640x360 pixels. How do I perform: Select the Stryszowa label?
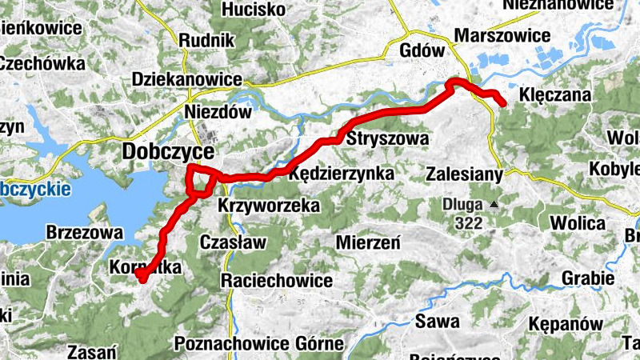pyautogui.click(x=388, y=138)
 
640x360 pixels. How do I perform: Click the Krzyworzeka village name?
pyautogui.click(x=269, y=206)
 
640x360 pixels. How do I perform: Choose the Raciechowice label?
pyautogui.click(x=277, y=280)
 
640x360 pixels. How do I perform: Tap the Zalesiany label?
pyautogui.click(x=464, y=174)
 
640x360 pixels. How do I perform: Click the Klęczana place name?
pyautogui.click(x=554, y=95)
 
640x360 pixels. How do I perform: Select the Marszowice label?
pyautogui.click(x=502, y=35)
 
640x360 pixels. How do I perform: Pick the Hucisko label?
pyautogui.click(x=254, y=10)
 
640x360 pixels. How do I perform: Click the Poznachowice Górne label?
pyautogui.click(x=258, y=345)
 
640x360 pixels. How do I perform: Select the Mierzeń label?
pyautogui.click(x=368, y=242)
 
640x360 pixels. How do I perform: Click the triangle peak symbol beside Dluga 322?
pyautogui.click(x=494, y=204)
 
